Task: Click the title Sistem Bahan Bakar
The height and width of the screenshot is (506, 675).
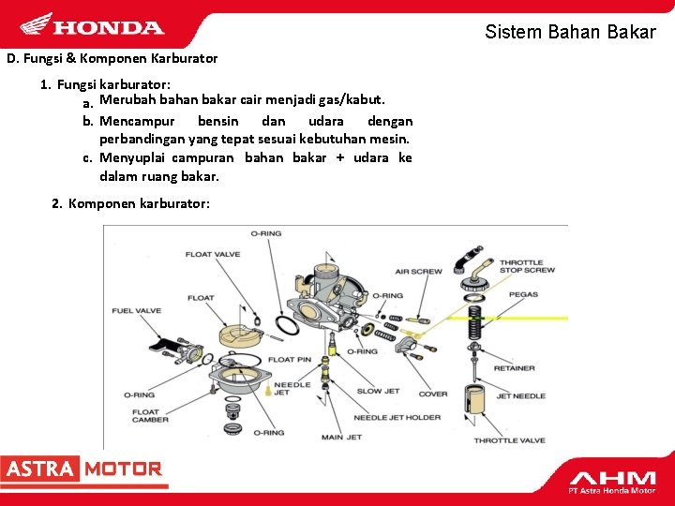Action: click(x=570, y=32)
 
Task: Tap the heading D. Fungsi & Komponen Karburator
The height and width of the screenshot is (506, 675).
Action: click(x=112, y=58)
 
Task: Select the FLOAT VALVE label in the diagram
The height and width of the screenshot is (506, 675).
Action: click(x=212, y=254)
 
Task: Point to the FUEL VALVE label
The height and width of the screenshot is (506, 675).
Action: click(x=136, y=310)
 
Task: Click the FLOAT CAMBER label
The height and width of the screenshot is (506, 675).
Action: click(x=150, y=415)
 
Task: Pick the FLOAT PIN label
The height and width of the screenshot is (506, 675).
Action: click(x=290, y=360)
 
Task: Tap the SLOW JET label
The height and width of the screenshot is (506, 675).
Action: click(x=377, y=391)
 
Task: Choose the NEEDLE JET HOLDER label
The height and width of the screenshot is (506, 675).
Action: click(x=397, y=417)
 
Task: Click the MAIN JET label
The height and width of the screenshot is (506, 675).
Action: click(x=340, y=437)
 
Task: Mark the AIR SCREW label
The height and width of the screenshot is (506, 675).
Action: click(x=418, y=272)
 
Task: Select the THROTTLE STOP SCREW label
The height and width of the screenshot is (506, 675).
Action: click(x=526, y=266)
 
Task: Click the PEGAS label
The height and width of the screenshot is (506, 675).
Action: click(x=523, y=294)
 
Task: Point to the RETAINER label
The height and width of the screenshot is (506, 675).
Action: click(x=514, y=368)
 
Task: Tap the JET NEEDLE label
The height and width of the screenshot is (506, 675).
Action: click(x=520, y=396)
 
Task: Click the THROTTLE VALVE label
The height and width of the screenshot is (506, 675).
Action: click(x=508, y=440)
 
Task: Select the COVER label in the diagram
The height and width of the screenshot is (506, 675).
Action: click(x=432, y=394)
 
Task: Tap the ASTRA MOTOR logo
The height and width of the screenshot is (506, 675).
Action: click(x=82, y=469)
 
